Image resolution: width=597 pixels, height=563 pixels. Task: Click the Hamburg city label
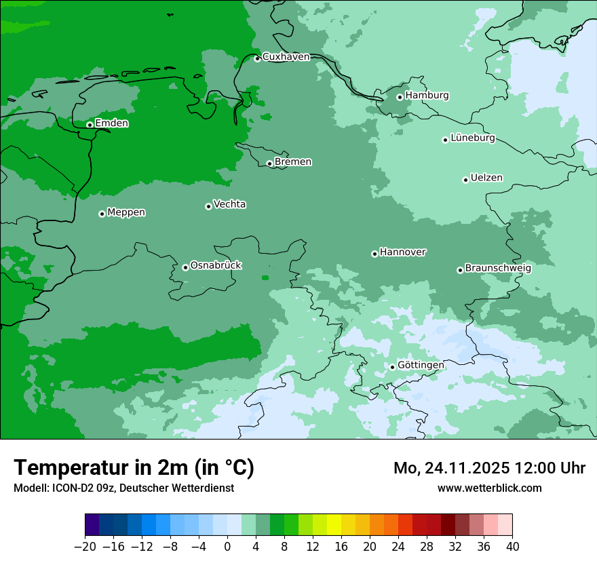pos(427,96)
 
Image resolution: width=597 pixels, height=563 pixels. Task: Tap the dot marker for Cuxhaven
pos(257,58)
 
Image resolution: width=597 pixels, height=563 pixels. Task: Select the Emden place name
pos(111,123)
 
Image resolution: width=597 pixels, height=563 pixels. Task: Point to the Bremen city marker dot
pos(269,163)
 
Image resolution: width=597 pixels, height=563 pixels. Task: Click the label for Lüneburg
pos(472,138)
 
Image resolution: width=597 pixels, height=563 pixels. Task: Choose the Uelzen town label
pos(486,178)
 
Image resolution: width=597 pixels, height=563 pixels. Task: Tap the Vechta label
pos(229,204)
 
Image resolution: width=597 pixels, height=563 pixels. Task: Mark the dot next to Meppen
pos(102,214)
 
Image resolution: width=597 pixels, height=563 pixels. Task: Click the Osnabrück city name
pos(216,266)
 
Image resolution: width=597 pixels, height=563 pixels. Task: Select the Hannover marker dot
pos(374,254)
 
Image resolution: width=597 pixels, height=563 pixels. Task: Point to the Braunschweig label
pos(498,269)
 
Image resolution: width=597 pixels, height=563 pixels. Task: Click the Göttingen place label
pos(421,366)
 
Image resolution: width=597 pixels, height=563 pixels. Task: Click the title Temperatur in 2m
pos(134,468)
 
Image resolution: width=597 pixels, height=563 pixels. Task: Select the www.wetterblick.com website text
pos(489,488)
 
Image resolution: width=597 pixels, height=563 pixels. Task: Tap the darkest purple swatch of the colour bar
pos(92,525)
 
